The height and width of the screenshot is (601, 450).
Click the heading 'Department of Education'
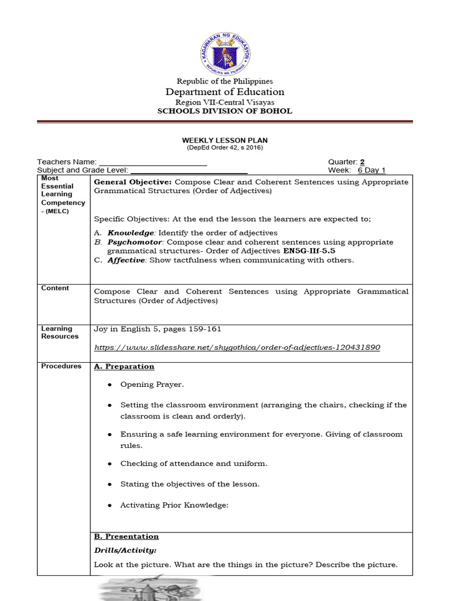(x=225, y=92)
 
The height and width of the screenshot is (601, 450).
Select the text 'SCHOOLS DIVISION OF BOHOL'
(x=225, y=111)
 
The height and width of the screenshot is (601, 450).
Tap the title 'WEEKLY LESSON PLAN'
(x=225, y=140)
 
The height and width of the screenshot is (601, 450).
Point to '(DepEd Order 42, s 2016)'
(x=225, y=147)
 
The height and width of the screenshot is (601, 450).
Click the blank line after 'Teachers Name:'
(x=152, y=162)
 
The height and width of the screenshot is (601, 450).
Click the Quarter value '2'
(x=362, y=162)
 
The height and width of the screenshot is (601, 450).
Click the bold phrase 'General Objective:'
(x=132, y=182)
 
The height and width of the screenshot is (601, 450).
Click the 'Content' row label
(x=55, y=288)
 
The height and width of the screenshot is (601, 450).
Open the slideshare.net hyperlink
(x=237, y=347)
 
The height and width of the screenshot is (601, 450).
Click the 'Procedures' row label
(x=61, y=366)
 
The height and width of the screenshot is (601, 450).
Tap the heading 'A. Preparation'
(x=124, y=367)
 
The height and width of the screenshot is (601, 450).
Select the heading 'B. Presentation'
(x=126, y=536)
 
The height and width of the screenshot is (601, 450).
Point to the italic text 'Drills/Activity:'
(x=125, y=551)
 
